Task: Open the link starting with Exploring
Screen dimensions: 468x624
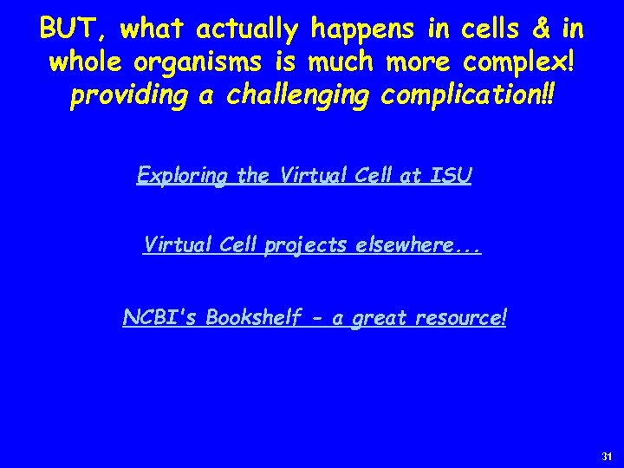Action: click(x=304, y=176)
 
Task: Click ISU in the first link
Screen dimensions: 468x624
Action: click(x=452, y=176)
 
